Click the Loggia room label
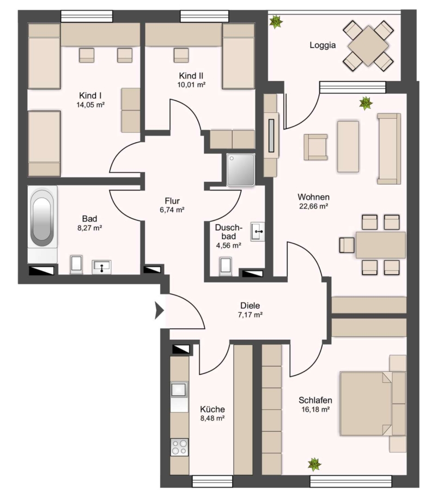tap(323, 45)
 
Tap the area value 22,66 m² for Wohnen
tap(313, 206)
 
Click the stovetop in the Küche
tap(179, 447)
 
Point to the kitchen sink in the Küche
tap(179, 390)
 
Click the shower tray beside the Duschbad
tap(240, 170)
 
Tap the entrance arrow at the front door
tap(160, 311)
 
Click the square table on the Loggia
tap(368, 46)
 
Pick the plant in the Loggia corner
tap(276, 22)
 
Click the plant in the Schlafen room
tap(314, 465)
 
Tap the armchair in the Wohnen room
tap(315, 147)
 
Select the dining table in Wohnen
tap(381, 244)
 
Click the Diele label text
tap(250, 305)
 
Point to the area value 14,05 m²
tap(90, 105)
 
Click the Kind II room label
tap(191, 76)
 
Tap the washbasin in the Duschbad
tap(257, 231)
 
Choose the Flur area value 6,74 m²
tap(172, 210)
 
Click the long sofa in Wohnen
tap(389, 149)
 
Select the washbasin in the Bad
tap(101, 267)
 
